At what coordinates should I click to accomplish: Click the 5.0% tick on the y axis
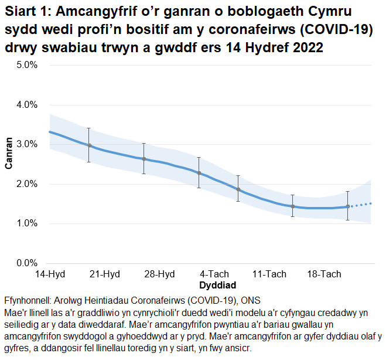point(26,65)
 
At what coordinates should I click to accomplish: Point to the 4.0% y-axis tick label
point(26,105)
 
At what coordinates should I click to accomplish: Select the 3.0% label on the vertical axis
point(26,144)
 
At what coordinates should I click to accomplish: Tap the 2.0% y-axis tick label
point(26,184)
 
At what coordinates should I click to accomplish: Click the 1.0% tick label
point(26,223)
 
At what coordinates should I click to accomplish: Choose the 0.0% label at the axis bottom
point(26,263)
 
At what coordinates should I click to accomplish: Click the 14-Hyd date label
point(50,274)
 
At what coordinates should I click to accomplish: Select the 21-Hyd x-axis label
point(105,274)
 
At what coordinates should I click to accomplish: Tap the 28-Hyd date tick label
point(159,274)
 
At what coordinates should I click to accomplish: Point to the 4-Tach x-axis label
point(214,274)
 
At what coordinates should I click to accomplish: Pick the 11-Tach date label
point(268,274)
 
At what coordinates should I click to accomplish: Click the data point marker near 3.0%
point(89,145)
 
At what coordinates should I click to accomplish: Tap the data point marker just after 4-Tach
point(238,189)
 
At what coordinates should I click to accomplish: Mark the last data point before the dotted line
point(348,206)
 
